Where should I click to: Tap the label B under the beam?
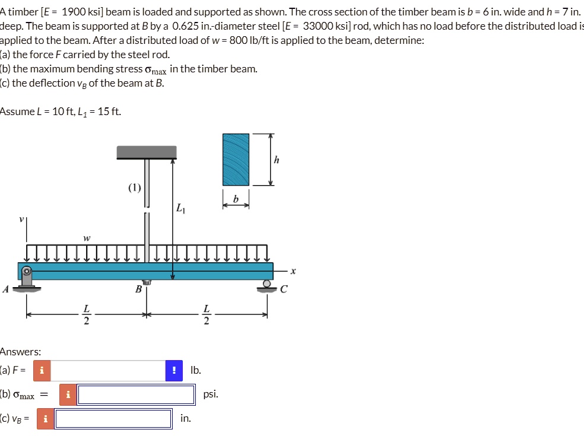pyautogui.click(x=138, y=290)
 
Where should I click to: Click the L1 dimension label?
pyautogui.click(x=180, y=208)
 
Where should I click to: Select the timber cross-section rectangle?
pyautogui.click(x=236, y=159)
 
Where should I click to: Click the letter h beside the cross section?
pyautogui.click(x=277, y=160)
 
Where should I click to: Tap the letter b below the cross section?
pyautogui.click(x=236, y=200)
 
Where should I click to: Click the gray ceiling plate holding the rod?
pyautogui.click(x=147, y=152)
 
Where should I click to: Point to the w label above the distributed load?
pyautogui.click(x=87, y=238)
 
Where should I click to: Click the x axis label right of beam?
pyautogui.click(x=293, y=271)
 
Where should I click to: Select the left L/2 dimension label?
pyautogui.click(x=87, y=316)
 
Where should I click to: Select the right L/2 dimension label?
pyautogui.click(x=206, y=316)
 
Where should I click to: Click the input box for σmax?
pyautogui.click(x=137, y=394)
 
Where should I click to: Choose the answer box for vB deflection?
pyautogui.click(x=113, y=419)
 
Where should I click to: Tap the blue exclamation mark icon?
pyautogui.click(x=174, y=371)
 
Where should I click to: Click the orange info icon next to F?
pyautogui.click(x=42, y=371)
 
